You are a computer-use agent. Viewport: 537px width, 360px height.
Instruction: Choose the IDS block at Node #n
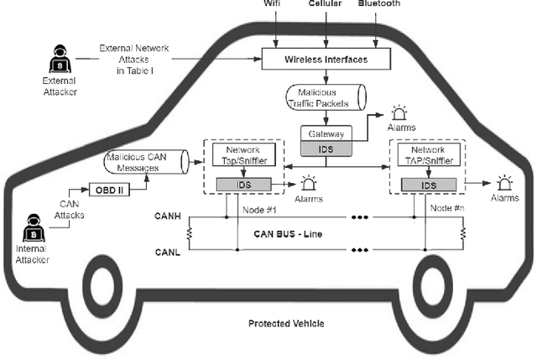point(428,185)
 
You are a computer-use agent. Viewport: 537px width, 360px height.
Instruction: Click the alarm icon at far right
point(503,180)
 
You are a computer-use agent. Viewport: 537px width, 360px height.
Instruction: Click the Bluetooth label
point(378,4)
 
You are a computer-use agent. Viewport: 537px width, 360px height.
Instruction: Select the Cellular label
point(325,4)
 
